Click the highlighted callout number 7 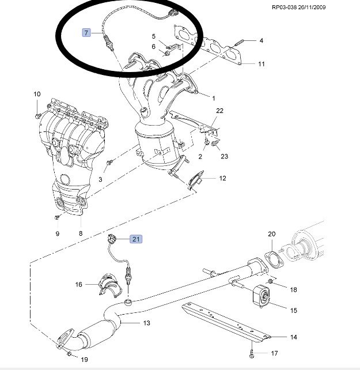coord(86,33)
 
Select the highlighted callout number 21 coord(136,239)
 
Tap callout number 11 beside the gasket coord(262,64)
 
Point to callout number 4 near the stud coord(261,40)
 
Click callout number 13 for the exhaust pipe coord(146,323)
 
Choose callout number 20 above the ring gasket coord(271,234)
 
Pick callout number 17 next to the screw coord(274,353)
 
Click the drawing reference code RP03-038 coord(285,7)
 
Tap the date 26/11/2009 coord(312,7)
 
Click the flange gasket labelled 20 coord(274,260)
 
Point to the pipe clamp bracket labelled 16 coord(109,285)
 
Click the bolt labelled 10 coord(38,116)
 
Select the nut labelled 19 coord(69,353)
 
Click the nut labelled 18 coord(271,281)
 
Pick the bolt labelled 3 coord(109,163)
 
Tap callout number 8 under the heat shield coord(81,233)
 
